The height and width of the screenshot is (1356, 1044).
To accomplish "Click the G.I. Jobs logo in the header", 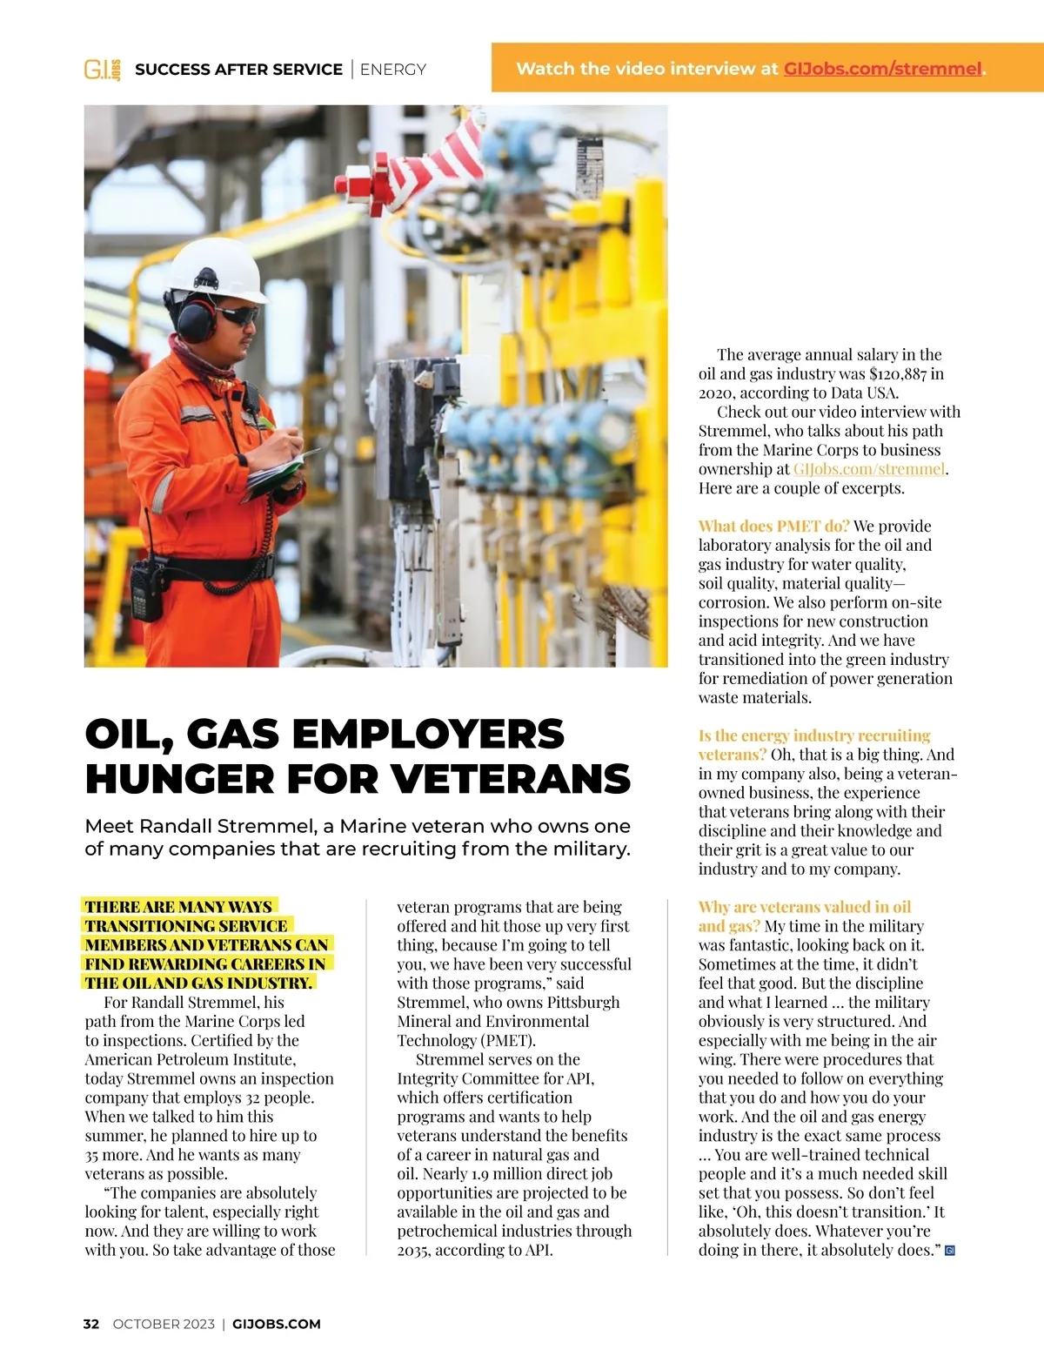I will (102, 70).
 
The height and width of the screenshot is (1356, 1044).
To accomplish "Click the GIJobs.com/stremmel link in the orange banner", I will (881, 69).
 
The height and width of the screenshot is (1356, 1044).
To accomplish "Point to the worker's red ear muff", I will (195, 319).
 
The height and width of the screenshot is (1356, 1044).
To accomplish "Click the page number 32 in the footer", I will (91, 1324).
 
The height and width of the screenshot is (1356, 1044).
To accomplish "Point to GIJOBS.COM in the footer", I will (277, 1324).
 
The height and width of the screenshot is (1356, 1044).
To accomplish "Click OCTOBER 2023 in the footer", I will (164, 1324).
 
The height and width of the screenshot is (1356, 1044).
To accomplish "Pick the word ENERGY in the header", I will (393, 70).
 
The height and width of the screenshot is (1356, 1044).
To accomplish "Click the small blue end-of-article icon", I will (949, 1251).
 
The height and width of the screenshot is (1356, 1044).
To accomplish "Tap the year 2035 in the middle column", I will (414, 1250).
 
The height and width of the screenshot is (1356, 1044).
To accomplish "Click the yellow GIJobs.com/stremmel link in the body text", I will (868, 469).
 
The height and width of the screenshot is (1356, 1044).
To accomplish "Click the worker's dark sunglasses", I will (237, 314).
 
